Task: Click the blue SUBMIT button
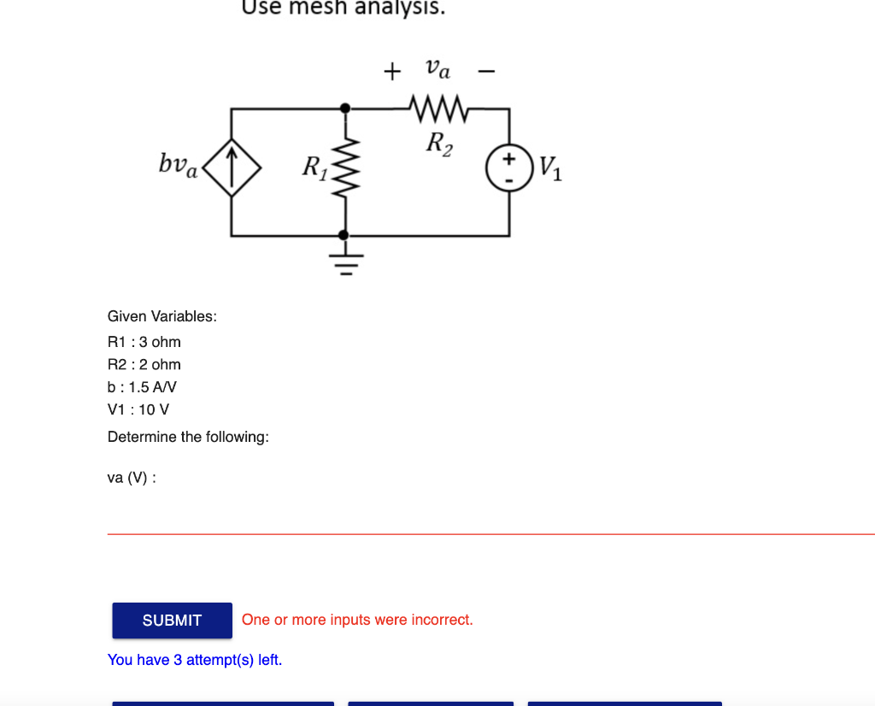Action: point(172,621)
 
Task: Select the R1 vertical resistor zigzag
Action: point(345,171)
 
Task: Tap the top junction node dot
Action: point(345,109)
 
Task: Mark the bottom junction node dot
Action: point(345,235)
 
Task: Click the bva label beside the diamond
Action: point(179,163)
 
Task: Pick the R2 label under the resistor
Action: point(440,144)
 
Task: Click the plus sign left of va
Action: point(391,71)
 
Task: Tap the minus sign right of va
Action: point(486,72)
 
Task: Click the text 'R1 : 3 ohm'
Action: point(144,342)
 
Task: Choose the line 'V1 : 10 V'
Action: point(138,409)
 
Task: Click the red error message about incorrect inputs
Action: point(357,620)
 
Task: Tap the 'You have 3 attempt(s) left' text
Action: point(195,660)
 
